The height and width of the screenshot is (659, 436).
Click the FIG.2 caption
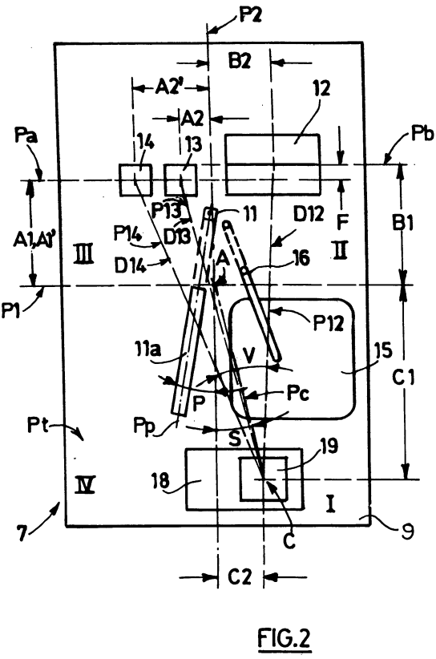click(284, 638)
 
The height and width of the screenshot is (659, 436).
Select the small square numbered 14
click(135, 180)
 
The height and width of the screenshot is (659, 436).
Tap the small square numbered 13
click(180, 180)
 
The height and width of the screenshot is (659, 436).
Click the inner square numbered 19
click(264, 479)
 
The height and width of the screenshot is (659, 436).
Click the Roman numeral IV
click(85, 484)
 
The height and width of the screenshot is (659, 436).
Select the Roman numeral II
click(341, 251)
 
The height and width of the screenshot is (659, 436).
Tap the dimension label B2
click(240, 61)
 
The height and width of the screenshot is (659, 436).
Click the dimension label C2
click(240, 577)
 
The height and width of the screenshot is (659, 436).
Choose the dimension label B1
click(402, 222)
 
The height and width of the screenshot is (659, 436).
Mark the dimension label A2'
click(168, 88)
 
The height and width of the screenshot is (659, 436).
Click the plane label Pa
click(25, 137)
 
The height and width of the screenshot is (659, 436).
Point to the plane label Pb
click(422, 134)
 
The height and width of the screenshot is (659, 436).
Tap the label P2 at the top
click(251, 15)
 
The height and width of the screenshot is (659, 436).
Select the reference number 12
click(321, 89)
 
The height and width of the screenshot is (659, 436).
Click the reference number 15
click(382, 350)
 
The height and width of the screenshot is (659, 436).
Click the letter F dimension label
click(342, 222)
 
